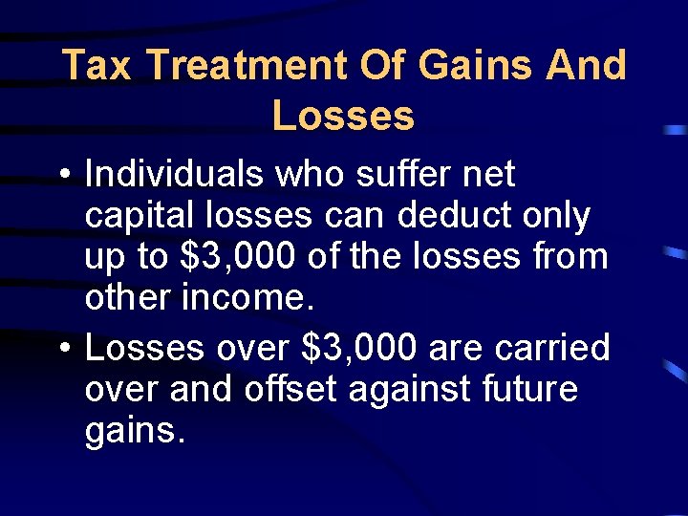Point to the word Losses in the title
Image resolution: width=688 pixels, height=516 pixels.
click(x=343, y=116)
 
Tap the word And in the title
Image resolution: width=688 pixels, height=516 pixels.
click(x=585, y=66)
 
